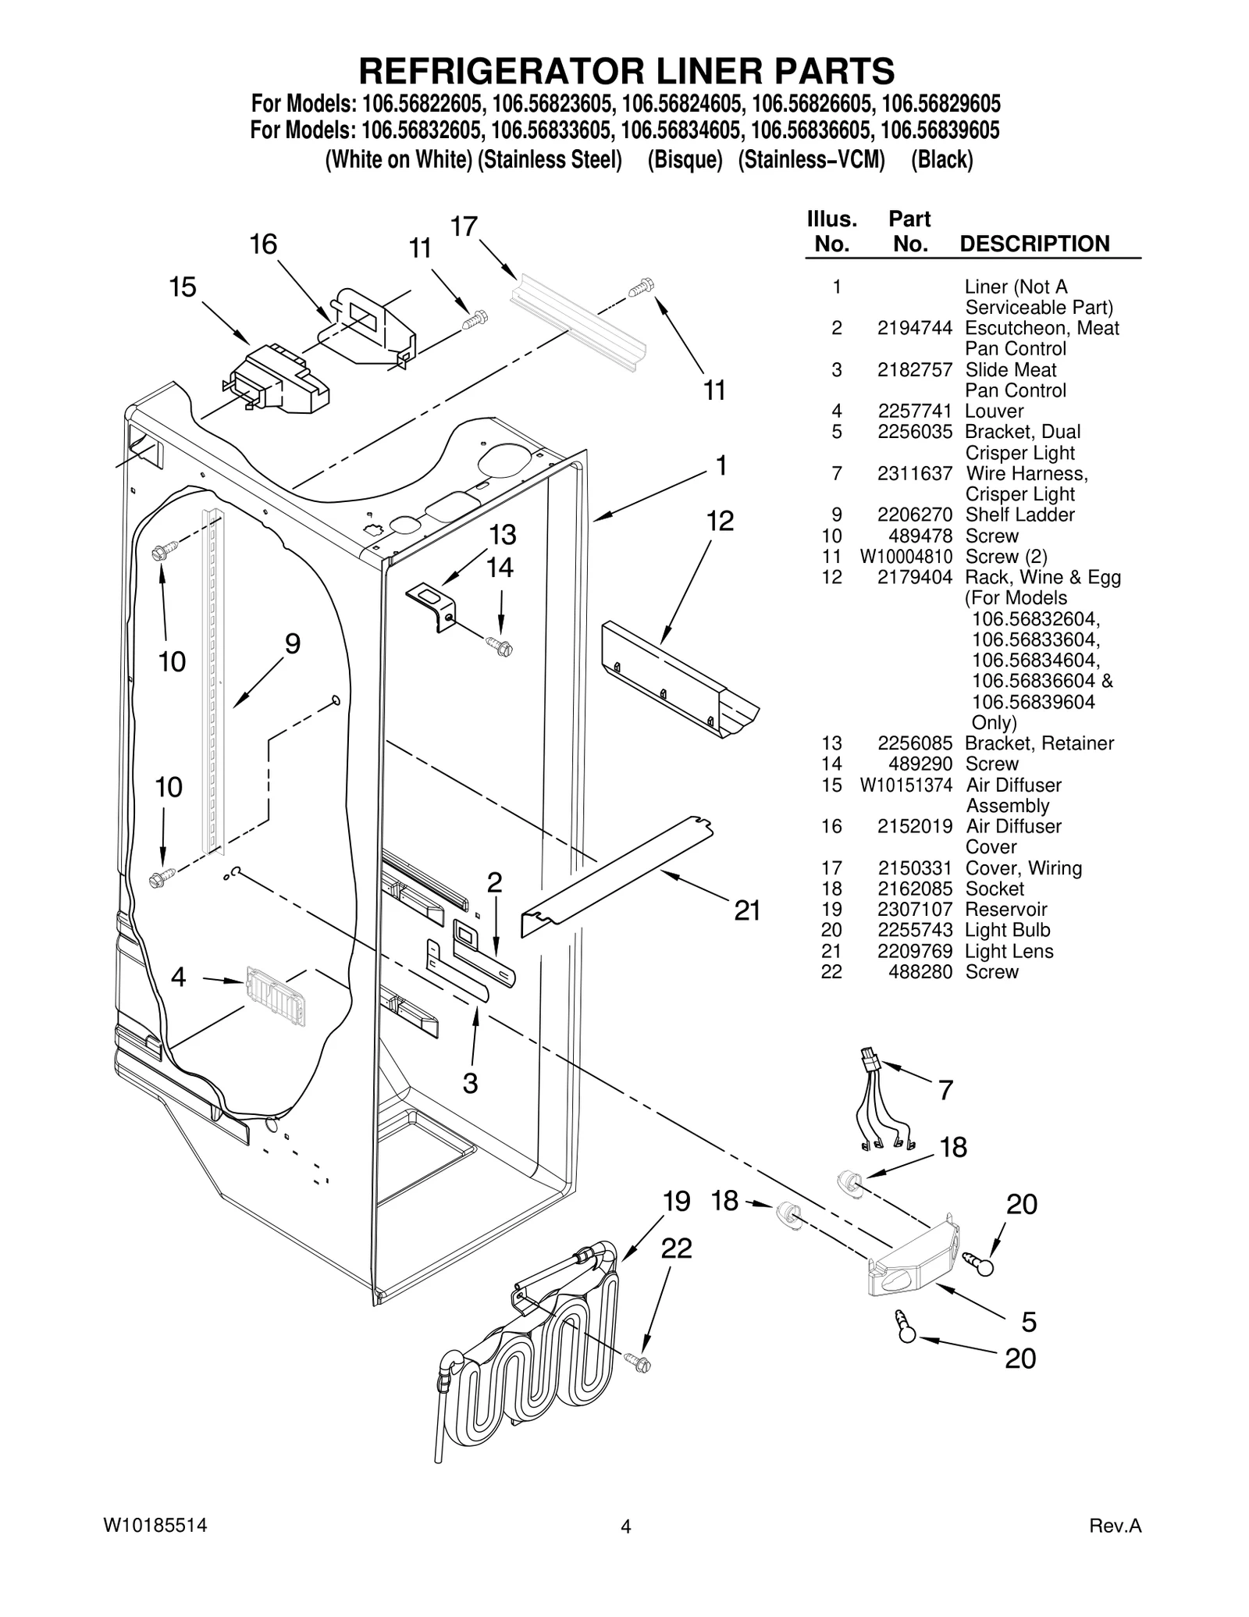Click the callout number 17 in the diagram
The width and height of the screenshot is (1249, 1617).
tap(464, 226)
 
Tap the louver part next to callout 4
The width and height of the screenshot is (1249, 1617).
tap(275, 995)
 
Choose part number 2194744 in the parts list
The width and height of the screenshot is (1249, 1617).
tap(914, 328)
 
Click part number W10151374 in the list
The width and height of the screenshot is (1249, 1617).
tap(906, 785)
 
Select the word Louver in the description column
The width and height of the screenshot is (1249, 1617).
tap(994, 411)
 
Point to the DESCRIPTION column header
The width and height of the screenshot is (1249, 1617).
tap(1034, 244)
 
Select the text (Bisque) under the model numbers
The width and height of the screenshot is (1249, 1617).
tap(685, 160)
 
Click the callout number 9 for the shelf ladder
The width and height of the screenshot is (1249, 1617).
tap(292, 644)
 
